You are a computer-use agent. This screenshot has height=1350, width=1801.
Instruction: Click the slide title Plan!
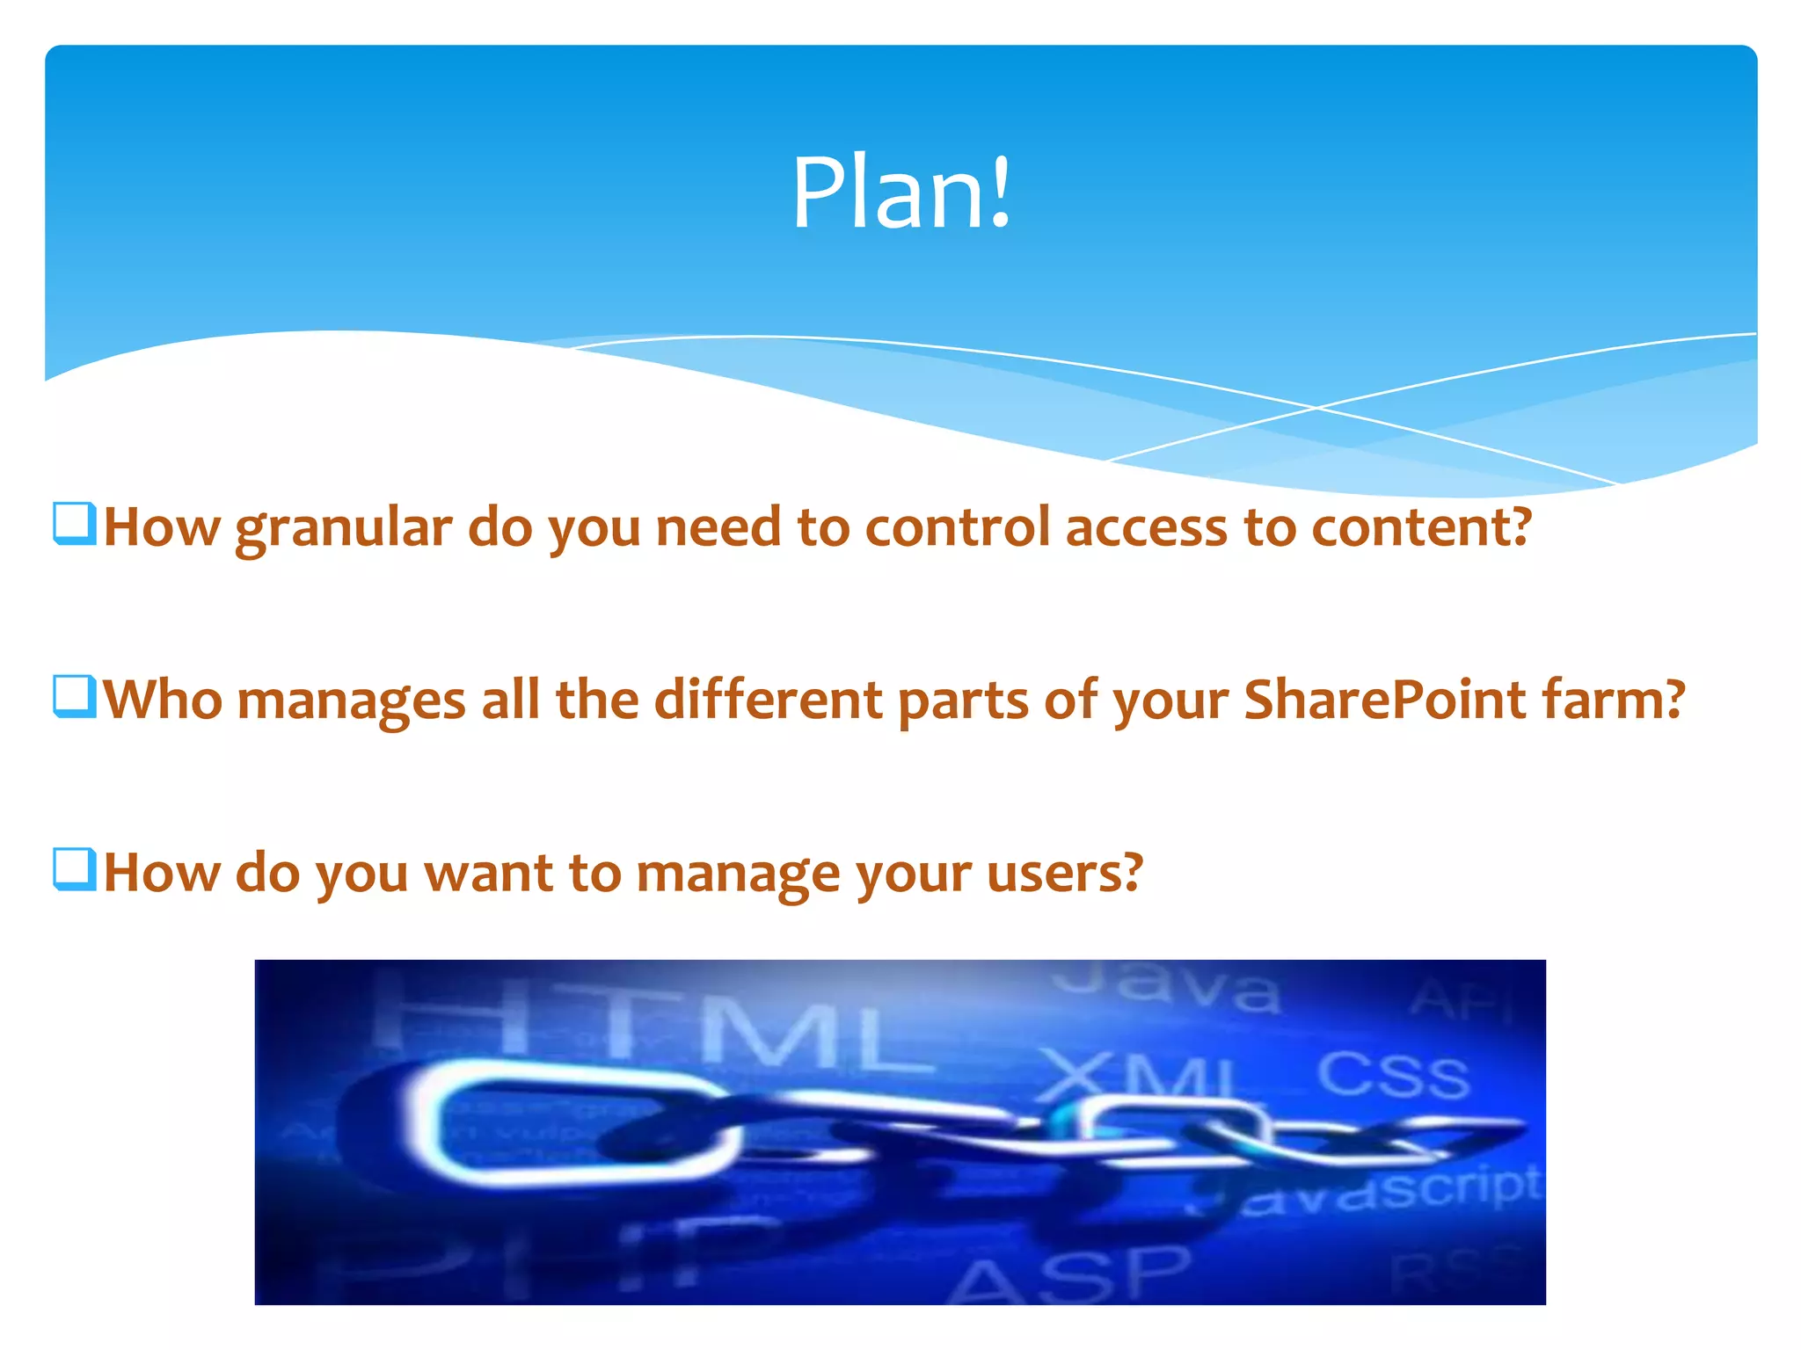tap(901, 192)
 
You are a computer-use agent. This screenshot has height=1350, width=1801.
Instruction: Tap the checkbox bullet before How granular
tap(74, 524)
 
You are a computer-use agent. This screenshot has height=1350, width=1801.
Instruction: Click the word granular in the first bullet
tap(343, 529)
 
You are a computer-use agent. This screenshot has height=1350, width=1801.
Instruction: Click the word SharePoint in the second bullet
tap(1385, 700)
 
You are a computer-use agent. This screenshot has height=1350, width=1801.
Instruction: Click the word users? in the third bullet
tap(1064, 874)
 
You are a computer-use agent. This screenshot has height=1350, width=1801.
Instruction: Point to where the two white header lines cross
tap(1316, 408)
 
